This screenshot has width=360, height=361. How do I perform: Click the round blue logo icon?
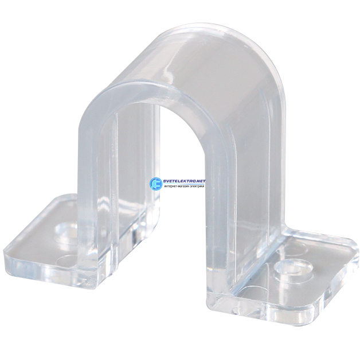[x=156, y=183]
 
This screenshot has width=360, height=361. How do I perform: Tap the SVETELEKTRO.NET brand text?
[x=184, y=181]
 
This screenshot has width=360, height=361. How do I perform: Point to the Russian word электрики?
[x=197, y=187]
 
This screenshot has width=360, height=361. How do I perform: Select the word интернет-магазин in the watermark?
[x=177, y=187]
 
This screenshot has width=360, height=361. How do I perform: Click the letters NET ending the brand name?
[x=201, y=181]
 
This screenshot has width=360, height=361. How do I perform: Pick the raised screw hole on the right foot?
[x=294, y=268]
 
